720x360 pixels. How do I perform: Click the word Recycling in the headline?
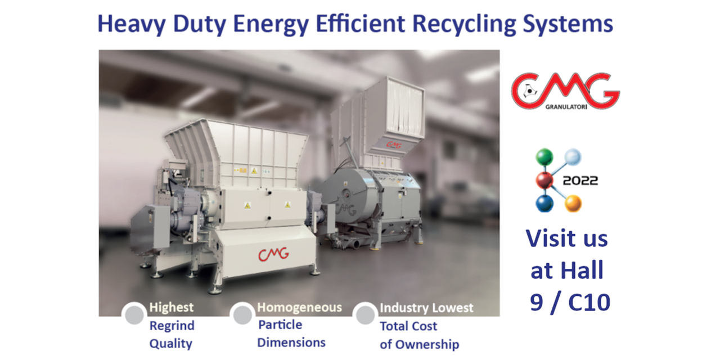[464, 25]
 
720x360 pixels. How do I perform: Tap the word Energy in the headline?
[271, 25]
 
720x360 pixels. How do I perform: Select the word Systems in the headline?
[568, 24]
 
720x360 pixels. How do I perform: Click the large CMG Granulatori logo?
[565, 91]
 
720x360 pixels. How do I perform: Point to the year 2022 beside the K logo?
[580, 181]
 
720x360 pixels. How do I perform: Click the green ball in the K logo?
[544, 157]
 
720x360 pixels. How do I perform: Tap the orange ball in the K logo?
[573, 204]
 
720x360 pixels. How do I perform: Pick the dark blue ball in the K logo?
[544, 204]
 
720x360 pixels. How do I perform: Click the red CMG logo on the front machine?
[273, 254]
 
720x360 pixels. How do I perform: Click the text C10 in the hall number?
[589, 303]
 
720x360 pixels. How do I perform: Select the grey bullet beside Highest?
[134, 314]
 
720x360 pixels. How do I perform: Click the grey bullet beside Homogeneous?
[242, 314]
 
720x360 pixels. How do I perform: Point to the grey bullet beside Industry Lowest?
[365, 314]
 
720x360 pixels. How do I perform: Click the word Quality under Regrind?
[170, 344]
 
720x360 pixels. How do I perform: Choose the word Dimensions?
[291, 343]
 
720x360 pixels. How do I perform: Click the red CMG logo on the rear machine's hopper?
[394, 145]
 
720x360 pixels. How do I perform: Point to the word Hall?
[582, 271]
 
